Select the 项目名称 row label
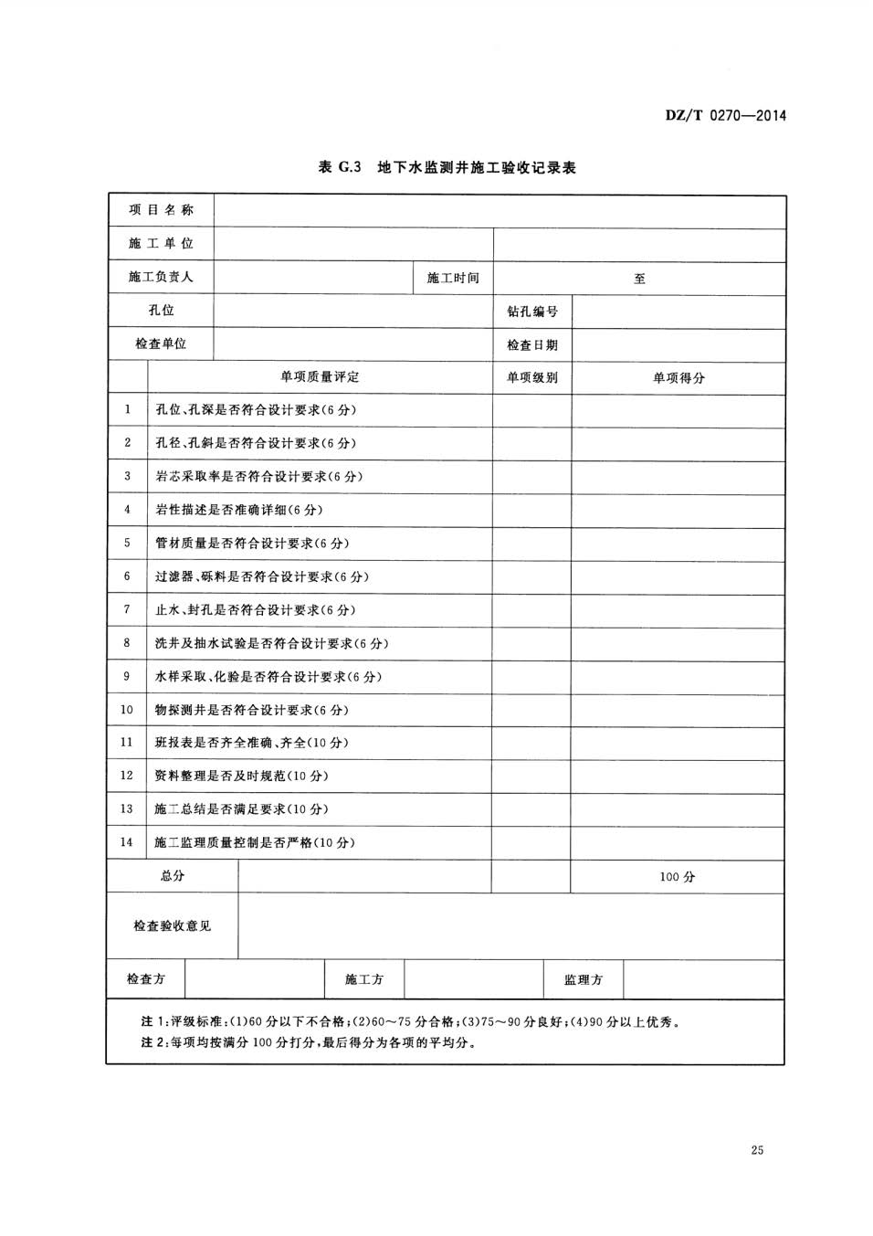[x=161, y=210]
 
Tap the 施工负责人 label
[x=161, y=277]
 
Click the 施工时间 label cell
[x=453, y=278]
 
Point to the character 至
[x=639, y=279]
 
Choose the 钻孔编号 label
[x=532, y=312]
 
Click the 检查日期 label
[x=532, y=345]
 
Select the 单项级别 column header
[x=532, y=377]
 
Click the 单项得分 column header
[x=678, y=377]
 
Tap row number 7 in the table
[x=127, y=609]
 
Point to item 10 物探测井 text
[x=252, y=710]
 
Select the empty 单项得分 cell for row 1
[x=678, y=410]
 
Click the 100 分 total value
[x=678, y=877]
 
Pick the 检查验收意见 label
[x=172, y=926]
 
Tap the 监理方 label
[x=584, y=980]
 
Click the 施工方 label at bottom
[x=364, y=980]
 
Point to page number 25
[x=757, y=1150]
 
